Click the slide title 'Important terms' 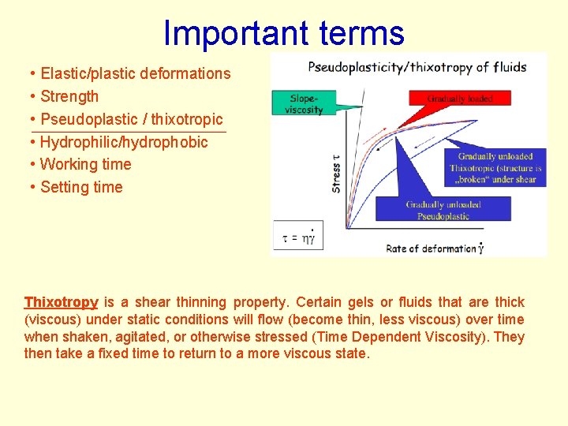[x=283, y=33]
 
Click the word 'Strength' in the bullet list [x=69, y=96]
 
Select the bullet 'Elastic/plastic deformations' [x=135, y=73]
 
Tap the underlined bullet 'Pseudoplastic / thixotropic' [x=131, y=119]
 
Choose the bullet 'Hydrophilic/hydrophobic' [x=123, y=142]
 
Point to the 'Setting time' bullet [x=81, y=187]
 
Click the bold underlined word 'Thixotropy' [x=61, y=302]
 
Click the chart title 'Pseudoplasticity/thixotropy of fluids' [x=417, y=67]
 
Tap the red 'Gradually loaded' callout [x=460, y=99]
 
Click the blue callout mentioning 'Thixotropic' [x=495, y=168]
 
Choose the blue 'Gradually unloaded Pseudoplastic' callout [x=443, y=210]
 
